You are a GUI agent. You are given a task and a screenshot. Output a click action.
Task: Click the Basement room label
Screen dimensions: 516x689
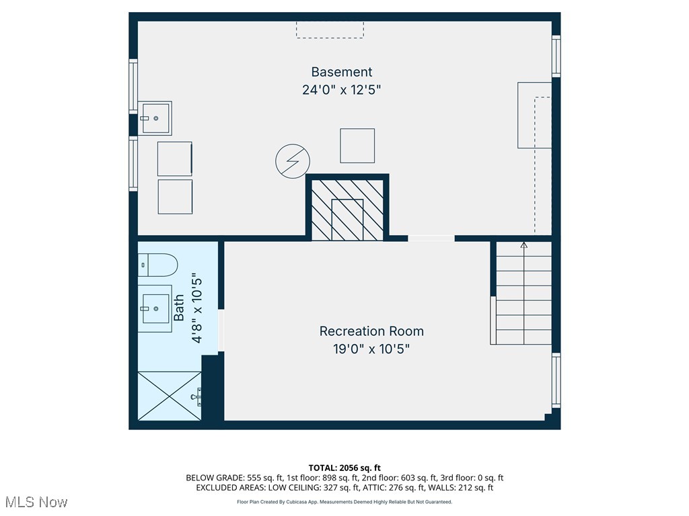(341, 72)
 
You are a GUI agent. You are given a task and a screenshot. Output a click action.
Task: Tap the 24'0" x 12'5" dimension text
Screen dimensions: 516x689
(341, 89)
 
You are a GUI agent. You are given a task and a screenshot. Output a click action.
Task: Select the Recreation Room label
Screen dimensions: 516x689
(371, 331)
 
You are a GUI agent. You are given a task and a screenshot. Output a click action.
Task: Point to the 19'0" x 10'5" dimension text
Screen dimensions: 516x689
(371, 349)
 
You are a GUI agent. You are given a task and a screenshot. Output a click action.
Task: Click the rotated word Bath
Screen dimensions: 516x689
(179, 308)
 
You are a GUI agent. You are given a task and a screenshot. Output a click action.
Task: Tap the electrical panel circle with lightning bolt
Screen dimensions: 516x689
(293, 161)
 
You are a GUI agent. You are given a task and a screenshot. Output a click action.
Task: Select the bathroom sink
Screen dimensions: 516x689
(155, 308)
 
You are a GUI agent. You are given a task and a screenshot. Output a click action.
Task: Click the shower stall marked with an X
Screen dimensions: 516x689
(170, 396)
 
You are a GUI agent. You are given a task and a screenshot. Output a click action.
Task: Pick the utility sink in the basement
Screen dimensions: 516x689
(155, 118)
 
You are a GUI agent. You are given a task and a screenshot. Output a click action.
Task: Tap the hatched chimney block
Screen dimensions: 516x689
(347, 209)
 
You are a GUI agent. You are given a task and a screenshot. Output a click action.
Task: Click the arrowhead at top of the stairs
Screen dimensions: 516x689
(524, 245)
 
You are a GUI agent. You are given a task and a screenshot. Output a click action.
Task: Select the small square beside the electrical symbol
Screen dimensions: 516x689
(357, 146)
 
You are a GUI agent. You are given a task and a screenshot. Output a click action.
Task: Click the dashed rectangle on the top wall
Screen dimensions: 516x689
(330, 30)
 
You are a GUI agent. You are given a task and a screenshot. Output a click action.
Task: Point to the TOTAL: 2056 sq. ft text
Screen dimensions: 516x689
(344, 468)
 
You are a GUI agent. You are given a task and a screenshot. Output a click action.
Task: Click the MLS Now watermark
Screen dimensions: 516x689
(36, 502)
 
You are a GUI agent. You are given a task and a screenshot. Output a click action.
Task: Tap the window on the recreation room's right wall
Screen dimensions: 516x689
(556, 380)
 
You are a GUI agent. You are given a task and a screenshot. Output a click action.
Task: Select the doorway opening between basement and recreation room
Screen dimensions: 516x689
(431, 238)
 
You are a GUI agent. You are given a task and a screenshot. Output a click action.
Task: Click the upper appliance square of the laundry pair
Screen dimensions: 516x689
(175, 159)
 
